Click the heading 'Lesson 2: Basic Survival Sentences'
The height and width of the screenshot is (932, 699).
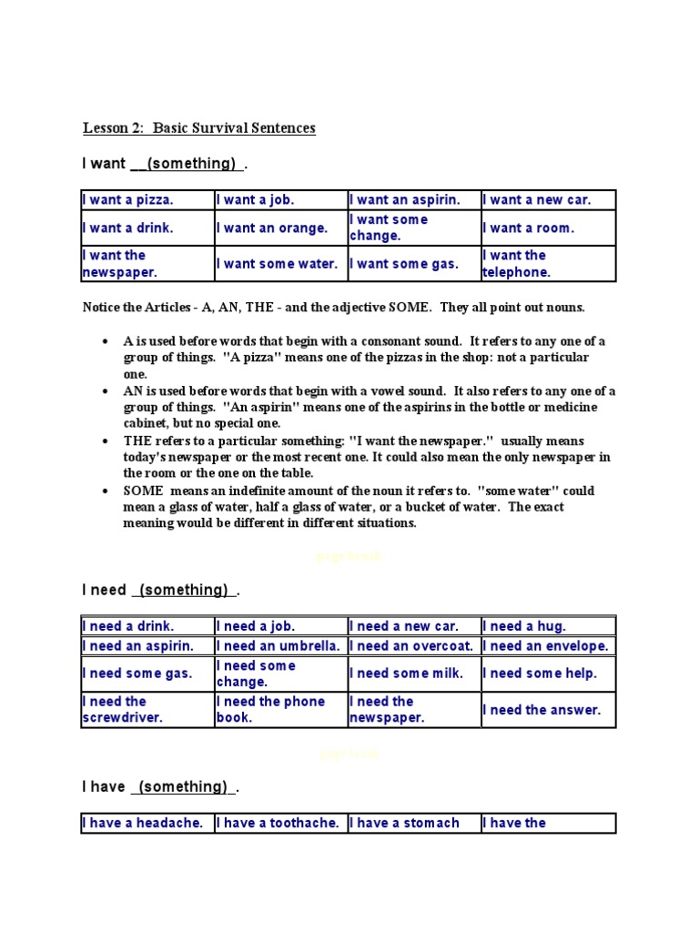(x=199, y=128)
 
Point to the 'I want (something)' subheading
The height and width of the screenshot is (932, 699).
(x=165, y=164)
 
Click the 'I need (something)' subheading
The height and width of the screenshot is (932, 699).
(x=161, y=591)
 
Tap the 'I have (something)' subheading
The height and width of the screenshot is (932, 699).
(x=161, y=787)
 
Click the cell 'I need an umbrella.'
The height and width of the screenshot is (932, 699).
(x=280, y=646)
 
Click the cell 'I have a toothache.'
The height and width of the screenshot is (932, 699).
(x=280, y=824)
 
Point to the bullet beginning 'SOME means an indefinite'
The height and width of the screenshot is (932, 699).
(x=360, y=507)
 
